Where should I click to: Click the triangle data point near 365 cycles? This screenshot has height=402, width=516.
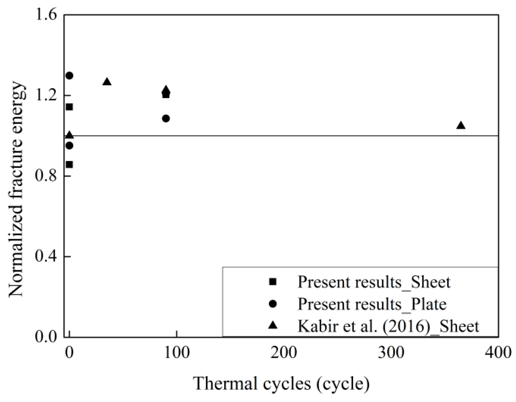461,126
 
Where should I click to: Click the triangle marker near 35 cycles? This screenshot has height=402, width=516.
107,82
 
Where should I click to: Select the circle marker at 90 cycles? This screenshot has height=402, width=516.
166,119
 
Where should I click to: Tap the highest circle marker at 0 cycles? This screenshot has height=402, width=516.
69,76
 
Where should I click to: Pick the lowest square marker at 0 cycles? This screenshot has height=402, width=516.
69,165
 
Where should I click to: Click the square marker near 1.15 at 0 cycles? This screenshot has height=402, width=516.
69,107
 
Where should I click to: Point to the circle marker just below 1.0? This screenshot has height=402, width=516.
69,146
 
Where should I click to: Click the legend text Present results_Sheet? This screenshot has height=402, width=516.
374,282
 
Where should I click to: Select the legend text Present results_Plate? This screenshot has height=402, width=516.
372,304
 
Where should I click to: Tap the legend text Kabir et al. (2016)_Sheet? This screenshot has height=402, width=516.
388,326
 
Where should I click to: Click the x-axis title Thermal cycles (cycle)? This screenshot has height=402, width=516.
281,384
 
